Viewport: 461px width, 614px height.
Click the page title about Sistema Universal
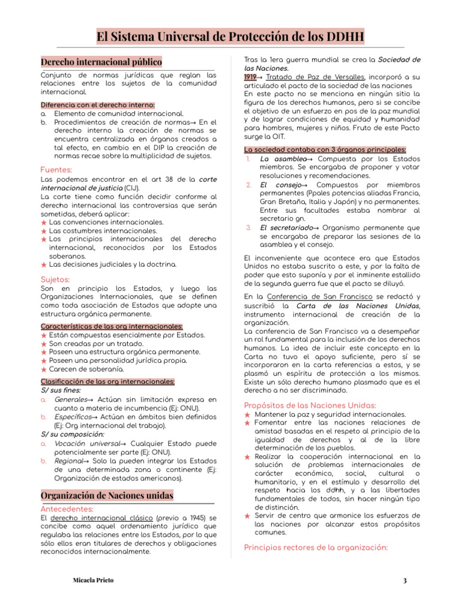(230, 37)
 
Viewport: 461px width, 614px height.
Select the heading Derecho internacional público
(101, 62)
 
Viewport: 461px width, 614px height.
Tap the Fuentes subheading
(56, 170)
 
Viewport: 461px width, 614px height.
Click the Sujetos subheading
(55, 279)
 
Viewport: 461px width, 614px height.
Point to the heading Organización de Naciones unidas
(107, 495)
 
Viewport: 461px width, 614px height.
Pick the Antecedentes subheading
(66, 508)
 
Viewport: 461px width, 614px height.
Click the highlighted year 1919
(250, 77)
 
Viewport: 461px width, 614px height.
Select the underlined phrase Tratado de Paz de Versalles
(315, 77)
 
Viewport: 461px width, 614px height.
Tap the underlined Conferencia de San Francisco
(320, 297)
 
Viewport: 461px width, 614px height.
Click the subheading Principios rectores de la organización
(316, 547)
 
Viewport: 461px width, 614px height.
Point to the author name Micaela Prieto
(92, 580)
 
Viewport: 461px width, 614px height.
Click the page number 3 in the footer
(405, 580)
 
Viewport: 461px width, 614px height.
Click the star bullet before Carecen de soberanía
(44, 370)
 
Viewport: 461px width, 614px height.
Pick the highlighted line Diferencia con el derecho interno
(97, 104)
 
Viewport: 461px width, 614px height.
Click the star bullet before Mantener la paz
(248, 415)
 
